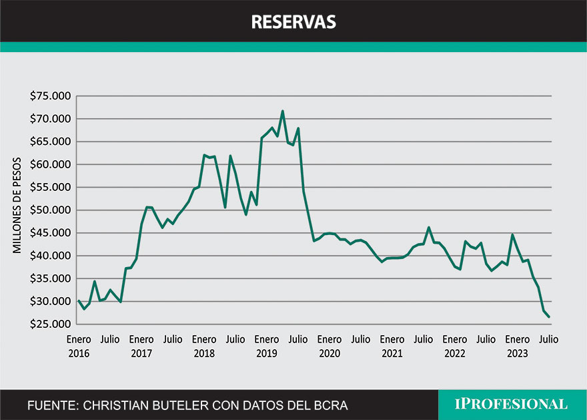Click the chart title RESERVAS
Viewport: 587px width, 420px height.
(x=293, y=22)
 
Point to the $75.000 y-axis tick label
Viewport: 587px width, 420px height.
(x=50, y=96)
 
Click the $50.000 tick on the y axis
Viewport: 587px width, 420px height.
(x=50, y=210)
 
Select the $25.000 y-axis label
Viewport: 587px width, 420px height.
(x=50, y=325)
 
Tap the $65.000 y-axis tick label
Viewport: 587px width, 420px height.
(x=50, y=142)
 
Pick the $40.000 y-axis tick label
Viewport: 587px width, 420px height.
(x=50, y=256)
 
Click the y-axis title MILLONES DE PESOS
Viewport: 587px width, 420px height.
(x=17, y=205)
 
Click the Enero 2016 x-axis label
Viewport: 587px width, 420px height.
(x=79, y=347)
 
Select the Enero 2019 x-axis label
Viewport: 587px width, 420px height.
(x=267, y=347)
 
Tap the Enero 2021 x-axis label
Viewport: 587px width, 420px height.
(x=392, y=347)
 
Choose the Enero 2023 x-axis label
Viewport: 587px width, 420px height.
(x=518, y=347)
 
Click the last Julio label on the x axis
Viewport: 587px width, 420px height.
(x=548, y=340)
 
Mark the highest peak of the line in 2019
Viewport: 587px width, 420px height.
(x=282, y=112)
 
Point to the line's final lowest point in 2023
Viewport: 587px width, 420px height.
(x=549, y=317)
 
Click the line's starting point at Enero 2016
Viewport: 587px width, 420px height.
(x=79, y=300)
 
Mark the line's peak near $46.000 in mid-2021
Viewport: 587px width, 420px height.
(x=429, y=228)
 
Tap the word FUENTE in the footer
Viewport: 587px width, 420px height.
(x=49, y=405)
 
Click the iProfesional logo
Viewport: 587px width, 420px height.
(x=511, y=405)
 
